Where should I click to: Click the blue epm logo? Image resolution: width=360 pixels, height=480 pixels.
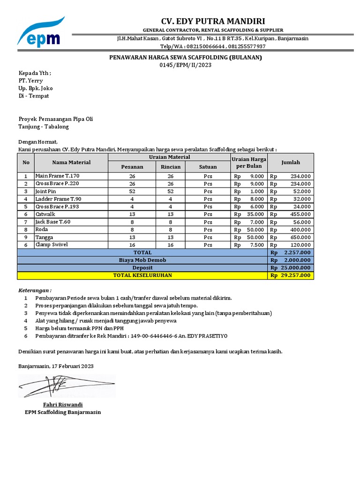click(41, 33)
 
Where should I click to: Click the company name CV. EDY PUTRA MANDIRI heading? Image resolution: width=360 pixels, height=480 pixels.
click(213, 21)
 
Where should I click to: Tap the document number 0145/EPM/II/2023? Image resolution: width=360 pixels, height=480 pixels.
click(186, 65)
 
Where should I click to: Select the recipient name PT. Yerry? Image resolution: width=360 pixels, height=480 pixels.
click(30, 81)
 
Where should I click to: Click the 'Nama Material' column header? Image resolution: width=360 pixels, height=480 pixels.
click(72, 162)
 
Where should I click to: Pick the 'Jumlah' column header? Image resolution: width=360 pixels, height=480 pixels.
click(291, 162)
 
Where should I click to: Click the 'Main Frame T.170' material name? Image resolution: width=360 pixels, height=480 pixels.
click(58, 176)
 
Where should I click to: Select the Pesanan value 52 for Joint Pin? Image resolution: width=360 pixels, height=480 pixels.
click(132, 191)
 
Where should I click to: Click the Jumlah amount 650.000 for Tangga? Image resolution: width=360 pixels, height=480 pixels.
click(300, 237)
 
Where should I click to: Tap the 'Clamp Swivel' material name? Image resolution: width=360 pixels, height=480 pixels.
click(52, 245)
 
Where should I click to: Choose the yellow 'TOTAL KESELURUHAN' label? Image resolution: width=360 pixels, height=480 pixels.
click(142, 275)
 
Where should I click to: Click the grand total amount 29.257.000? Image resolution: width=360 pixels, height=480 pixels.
click(296, 275)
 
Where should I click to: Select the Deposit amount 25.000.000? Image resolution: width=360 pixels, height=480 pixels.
click(296, 268)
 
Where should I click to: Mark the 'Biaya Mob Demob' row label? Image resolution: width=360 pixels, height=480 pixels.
click(142, 260)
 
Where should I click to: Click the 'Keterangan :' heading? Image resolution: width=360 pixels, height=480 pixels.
click(35, 290)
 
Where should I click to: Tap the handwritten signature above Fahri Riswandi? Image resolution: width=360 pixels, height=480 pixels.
click(66, 386)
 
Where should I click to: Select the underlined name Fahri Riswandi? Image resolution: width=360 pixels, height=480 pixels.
click(63, 405)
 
